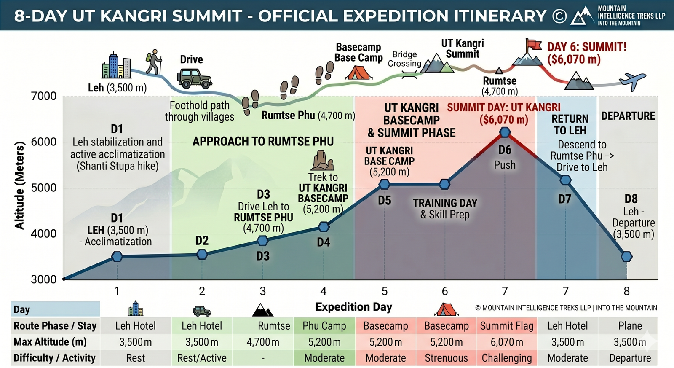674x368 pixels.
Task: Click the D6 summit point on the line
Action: coord(505,132)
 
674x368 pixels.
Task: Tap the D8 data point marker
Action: coord(626,256)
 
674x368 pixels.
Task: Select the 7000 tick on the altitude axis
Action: coord(44,96)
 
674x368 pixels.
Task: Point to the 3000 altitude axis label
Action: coord(44,279)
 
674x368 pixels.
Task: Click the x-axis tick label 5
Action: coord(384,291)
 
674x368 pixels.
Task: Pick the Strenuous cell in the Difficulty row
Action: coord(446,358)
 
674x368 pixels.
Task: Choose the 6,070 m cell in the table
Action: coord(507,342)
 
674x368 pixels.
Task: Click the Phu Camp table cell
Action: coord(324,326)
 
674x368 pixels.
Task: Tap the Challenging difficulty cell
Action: coord(507,358)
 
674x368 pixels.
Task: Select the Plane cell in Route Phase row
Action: coord(630,326)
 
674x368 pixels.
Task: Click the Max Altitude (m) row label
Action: coord(50,342)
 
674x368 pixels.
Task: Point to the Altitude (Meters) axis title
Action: coord(19,186)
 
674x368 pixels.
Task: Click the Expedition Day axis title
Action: coord(353,307)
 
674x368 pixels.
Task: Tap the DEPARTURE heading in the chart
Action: coord(628,116)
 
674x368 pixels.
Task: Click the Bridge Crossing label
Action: coord(404,59)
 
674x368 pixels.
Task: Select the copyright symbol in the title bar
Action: coord(559,16)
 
